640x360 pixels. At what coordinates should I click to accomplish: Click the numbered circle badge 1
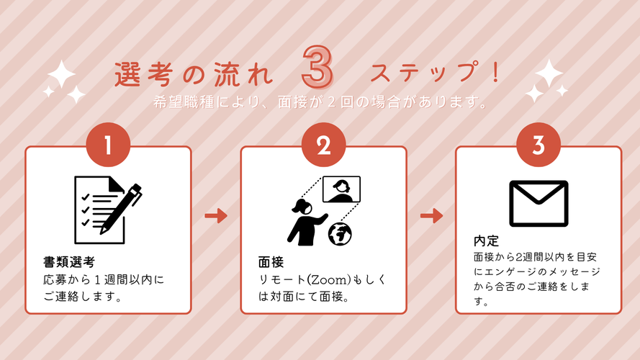[x=108, y=145]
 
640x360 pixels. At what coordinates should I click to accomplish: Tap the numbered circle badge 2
[x=324, y=145]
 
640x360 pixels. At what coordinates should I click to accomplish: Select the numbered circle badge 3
[x=538, y=145]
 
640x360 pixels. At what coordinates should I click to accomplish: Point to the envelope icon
[x=538, y=204]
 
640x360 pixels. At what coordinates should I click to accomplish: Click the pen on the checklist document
[x=121, y=209]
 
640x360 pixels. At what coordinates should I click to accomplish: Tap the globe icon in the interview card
[x=340, y=234]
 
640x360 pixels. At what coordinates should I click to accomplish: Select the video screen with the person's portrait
[x=341, y=189]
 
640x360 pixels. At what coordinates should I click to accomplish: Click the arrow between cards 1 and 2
[x=216, y=215]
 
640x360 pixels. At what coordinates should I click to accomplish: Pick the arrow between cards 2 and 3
[x=431, y=215]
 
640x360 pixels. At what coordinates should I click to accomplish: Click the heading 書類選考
[x=69, y=261]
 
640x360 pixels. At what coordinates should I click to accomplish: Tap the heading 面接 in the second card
[x=271, y=261]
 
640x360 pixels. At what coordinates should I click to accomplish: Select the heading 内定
[x=486, y=240]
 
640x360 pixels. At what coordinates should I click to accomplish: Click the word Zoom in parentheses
[x=328, y=280]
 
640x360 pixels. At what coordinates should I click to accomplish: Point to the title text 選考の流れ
[x=194, y=75]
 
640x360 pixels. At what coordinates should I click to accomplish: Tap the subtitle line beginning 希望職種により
[x=320, y=102]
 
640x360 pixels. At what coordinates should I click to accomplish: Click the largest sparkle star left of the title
[x=62, y=74]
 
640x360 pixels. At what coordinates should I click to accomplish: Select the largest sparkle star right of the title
[x=549, y=73]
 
